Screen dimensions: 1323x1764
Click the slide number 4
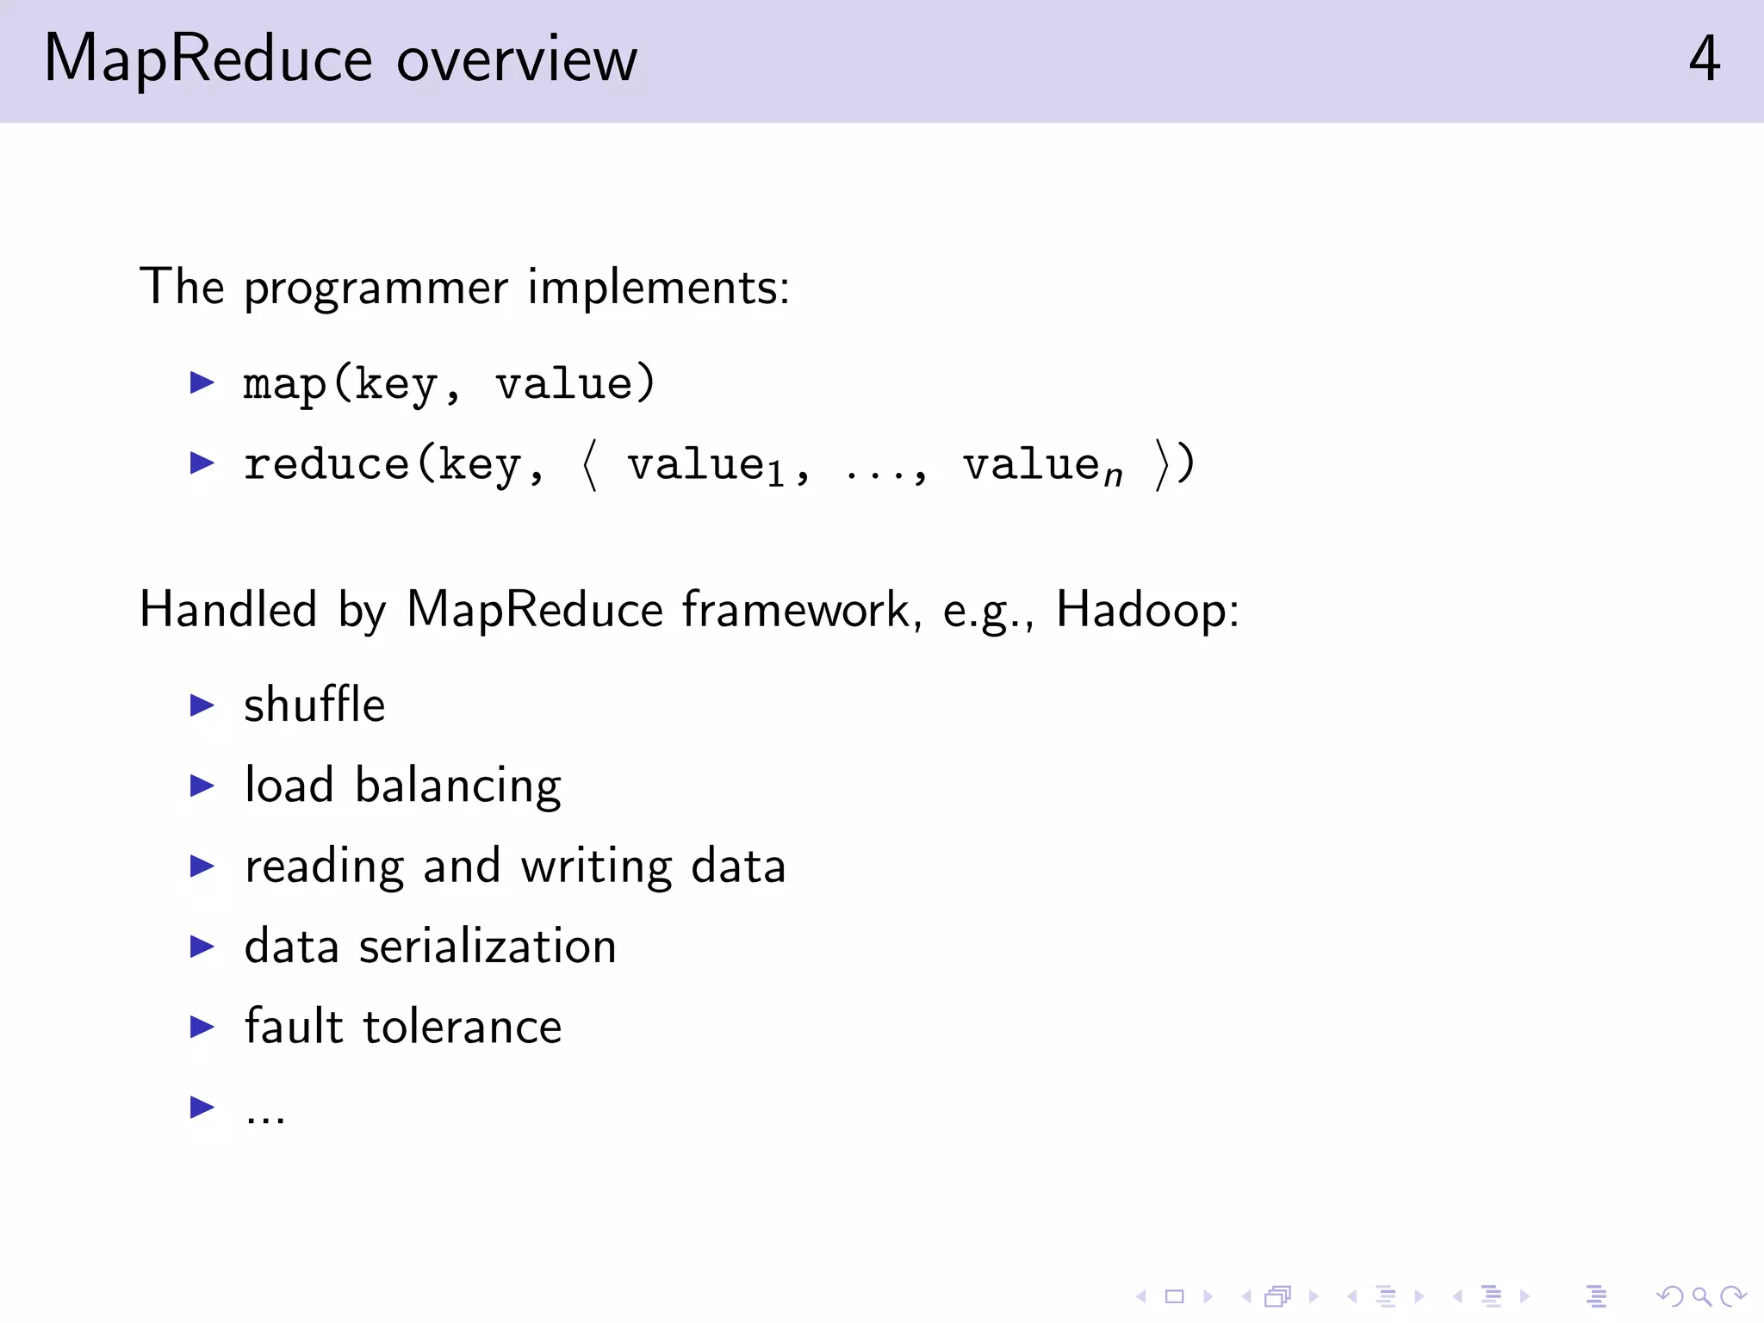(x=1704, y=59)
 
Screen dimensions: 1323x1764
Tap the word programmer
(x=376, y=289)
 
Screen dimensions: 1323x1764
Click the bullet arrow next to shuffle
(x=202, y=705)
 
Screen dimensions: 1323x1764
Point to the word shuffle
(x=314, y=705)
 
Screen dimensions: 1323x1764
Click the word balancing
(x=458, y=786)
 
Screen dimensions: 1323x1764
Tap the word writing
(x=596, y=866)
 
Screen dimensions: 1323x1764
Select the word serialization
(x=488, y=947)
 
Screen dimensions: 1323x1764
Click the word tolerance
(x=463, y=1027)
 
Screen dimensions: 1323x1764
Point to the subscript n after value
(x=1114, y=476)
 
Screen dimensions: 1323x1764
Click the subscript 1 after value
(x=776, y=475)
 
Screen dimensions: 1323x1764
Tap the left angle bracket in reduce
(x=590, y=465)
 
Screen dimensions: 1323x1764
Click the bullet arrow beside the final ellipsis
(x=202, y=1107)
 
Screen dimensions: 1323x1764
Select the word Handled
(x=228, y=610)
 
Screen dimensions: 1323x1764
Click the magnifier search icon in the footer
(x=1701, y=1296)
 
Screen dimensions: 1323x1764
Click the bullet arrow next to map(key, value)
(x=202, y=382)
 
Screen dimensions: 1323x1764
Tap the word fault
(x=294, y=1027)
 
